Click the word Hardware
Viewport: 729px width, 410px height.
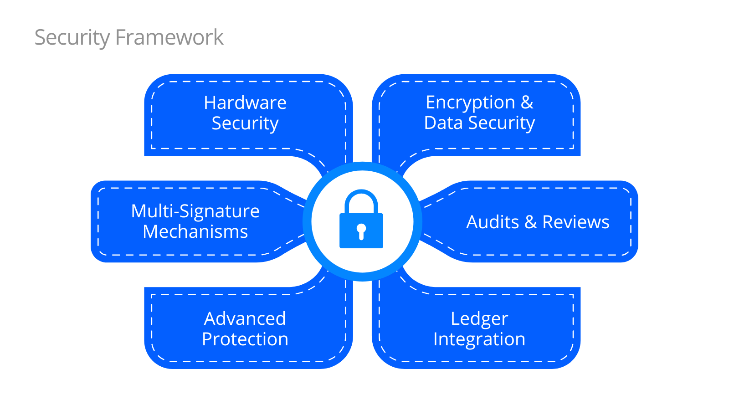click(x=245, y=103)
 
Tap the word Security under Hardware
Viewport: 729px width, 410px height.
click(x=245, y=123)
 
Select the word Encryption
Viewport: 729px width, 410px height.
click(x=470, y=103)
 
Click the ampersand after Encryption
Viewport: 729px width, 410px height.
click(x=527, y=102)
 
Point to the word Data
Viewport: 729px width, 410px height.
click(x=443, y=123)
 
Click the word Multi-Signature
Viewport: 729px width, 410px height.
click(x=195, y=211)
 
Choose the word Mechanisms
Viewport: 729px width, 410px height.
click(x=195, y=232)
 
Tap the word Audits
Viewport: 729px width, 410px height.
click(x=493, y=222)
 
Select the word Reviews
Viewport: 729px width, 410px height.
click(x=575, y=222)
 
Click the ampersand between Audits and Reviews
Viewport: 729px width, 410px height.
click(x=530, y=222)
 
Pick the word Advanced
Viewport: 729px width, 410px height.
click(x=245, y=319)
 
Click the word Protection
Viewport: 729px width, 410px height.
click(x=245, y=339)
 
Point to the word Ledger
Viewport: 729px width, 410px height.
click(x=479, y=319)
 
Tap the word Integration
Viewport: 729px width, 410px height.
click(x=479, y=339)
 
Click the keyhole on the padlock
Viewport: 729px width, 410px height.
click(x=361, y=231)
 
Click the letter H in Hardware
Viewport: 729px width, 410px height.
click(x=209, y=103)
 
